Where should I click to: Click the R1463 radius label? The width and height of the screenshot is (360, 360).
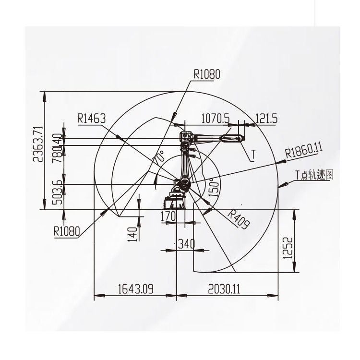point(91,118)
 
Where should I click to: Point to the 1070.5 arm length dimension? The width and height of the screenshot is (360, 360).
point(215,118)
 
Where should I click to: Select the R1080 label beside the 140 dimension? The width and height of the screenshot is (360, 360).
point(66,230)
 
